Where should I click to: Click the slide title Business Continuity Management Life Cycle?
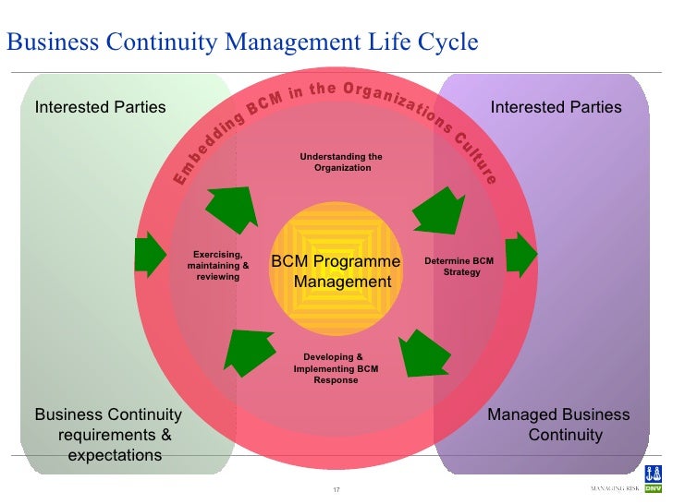242,42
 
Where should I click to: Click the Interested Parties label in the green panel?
100,107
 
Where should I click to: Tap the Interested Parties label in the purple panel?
556,107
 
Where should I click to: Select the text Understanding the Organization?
341,162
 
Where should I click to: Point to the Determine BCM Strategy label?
459,267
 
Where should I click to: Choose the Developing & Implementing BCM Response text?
335,367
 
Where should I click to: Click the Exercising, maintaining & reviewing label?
218,265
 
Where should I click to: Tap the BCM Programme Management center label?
336,271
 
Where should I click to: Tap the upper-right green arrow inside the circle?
440,209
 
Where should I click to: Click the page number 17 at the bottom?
336,488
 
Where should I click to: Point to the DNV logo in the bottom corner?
652,487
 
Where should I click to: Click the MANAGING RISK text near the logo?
615,487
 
